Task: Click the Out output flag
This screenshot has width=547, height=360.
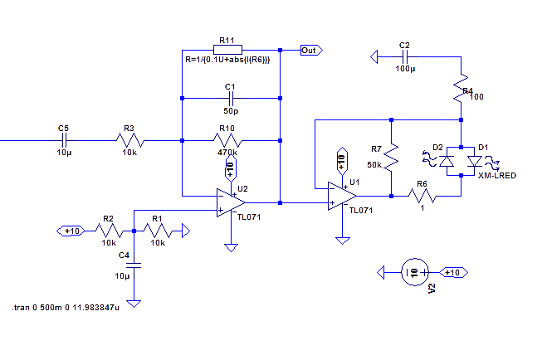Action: click(310, 50)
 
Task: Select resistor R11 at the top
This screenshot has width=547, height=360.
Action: click(230, 50)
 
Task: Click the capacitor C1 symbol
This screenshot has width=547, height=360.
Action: click(230, 98)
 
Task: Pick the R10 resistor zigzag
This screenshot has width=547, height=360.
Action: click(230, 140)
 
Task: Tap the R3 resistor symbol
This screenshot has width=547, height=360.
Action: click(129, 140)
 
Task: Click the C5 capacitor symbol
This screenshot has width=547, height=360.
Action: click(64, 140)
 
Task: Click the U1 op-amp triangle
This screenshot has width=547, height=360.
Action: click(340, 197)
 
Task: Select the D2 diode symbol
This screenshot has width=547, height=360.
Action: click(447, 160)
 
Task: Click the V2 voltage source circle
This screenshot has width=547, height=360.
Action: click(413, 272)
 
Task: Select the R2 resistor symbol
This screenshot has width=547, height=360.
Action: click(108, 231)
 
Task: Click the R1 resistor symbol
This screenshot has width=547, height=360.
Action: click(158, 231)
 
